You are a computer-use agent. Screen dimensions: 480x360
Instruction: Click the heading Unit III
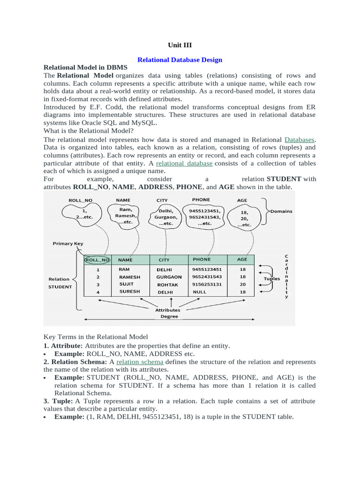point(180,45)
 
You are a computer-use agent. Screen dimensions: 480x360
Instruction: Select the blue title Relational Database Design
point(180,60)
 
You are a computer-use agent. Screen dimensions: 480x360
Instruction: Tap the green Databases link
point(300,140)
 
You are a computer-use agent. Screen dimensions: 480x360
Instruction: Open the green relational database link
point(184,163)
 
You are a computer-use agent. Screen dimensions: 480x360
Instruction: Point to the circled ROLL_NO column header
point(97,260)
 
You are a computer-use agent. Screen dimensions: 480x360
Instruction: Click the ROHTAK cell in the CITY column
point(167,285)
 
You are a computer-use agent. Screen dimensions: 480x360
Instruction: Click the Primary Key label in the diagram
point(68,244)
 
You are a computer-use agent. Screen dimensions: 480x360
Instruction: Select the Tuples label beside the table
point(271,278)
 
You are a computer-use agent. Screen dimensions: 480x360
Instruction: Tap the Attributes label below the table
point(167,310)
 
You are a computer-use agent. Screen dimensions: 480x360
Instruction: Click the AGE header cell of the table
point(242,259)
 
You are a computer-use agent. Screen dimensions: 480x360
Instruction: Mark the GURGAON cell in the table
point(169,277)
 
